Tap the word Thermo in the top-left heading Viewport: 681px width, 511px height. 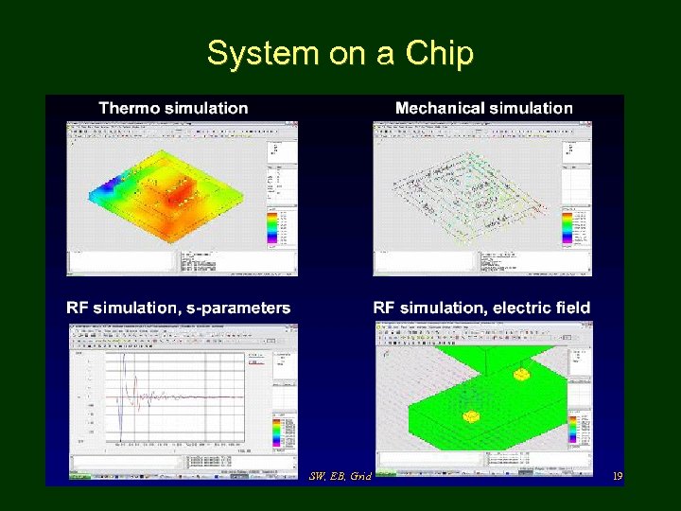pos(130,108)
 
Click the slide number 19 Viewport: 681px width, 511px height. pos(617,477)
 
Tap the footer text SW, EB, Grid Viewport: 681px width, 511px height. pos(340,476)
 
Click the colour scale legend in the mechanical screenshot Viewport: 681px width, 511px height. pos(567,226)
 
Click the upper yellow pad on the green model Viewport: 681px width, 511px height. pos(521,375)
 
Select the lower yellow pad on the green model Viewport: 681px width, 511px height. pos(470,416)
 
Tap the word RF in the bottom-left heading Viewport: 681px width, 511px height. pos(79,308)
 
